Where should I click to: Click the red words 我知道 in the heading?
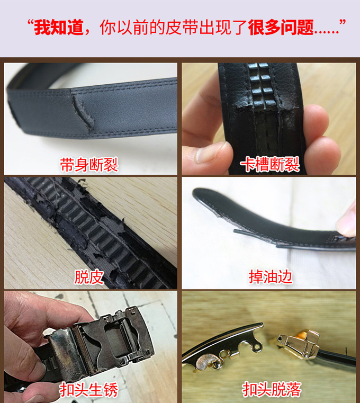pos(59,27)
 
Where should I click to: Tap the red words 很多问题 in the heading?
pos(281,27)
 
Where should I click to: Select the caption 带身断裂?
pos(89,165)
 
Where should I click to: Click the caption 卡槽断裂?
pos(269,165)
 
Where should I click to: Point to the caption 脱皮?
pos(89,276)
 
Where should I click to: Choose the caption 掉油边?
pos(271,276)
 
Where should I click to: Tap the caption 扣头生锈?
pos(89,390)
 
